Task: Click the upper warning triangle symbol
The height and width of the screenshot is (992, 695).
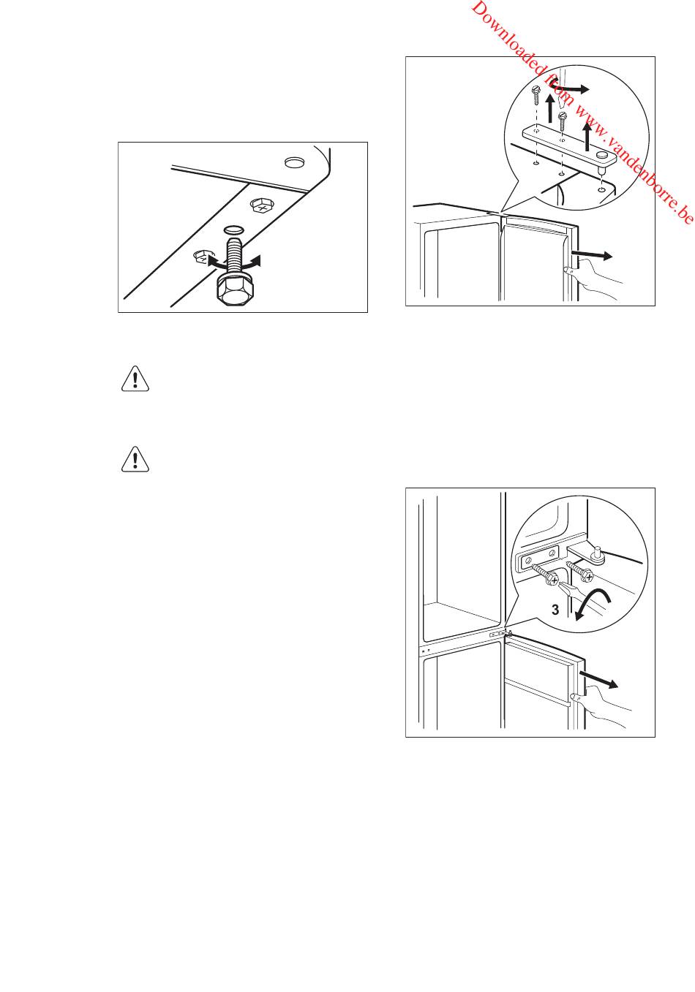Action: pos(135,379)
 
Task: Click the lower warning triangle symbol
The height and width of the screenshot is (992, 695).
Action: pos(135,459)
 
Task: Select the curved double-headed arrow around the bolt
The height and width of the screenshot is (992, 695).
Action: pos(234,262)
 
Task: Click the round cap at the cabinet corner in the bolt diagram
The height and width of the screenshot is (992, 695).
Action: pos(294,162)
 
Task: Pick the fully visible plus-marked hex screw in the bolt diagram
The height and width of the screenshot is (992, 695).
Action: pos(261,205)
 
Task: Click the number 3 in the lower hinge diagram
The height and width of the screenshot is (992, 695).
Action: pos(555,610)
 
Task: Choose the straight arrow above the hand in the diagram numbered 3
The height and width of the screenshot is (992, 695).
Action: pos(599,679)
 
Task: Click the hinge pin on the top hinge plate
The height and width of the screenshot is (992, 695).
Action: pos(601,161)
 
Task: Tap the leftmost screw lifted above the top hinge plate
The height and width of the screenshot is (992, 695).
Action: pos(536,93)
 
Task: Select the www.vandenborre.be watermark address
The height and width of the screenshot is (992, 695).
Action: pos(634,163)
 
